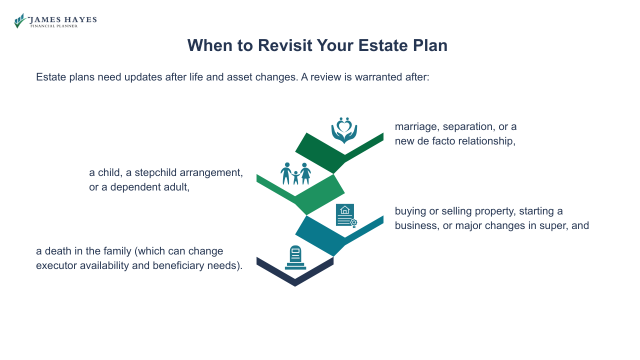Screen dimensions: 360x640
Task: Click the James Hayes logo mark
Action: point(20,20)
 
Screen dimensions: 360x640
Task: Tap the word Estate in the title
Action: point(386,45)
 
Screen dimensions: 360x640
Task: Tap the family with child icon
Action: point(295,173)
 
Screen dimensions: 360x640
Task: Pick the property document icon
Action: point(346,215)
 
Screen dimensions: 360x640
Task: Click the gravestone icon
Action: point(295,257)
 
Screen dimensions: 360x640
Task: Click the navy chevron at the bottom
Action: point(295,274)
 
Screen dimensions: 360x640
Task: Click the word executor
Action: point(55,265)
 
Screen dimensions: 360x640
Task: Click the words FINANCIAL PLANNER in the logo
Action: point(54,26)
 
